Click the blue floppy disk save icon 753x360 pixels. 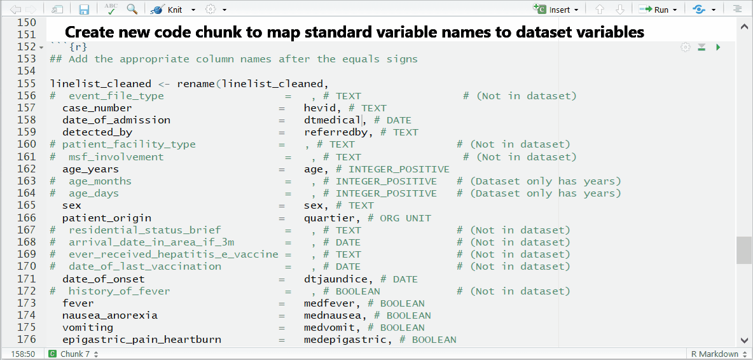pyautogui.click(x=85, y=9)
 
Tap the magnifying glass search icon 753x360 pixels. pyautogui.click(x=132, y=9)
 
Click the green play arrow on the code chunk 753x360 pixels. pyautogui.click(x=718, y=47)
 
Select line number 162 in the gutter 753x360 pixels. pyautogui.click(x=26, y=169)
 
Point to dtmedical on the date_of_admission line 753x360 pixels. pyautogui.click(x=333, y=120)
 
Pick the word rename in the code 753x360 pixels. pyautogui.click(x=196, y=83)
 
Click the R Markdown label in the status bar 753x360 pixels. pyautogui.click(x=712, y=354)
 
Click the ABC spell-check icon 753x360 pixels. pyautogui.click(x=111, y=9)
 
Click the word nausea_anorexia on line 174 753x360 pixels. pyautogui.click(x=110, y=315)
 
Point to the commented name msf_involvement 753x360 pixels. pyautogui.click(x=116, y=157)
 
